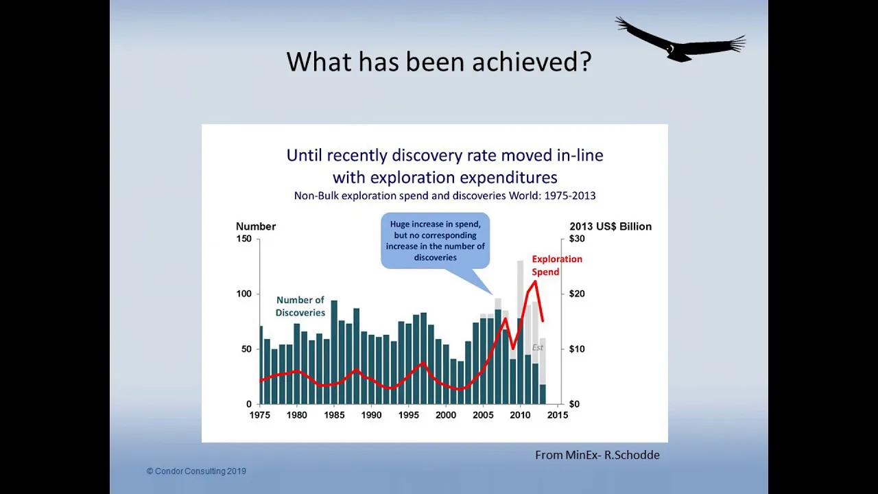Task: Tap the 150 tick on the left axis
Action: [244, 239]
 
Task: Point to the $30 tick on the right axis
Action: [577, 239]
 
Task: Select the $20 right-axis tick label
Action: [577, 294]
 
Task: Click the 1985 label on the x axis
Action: [334, 415]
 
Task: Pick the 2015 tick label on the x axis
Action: [558, 415]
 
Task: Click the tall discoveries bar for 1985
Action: [334, 352]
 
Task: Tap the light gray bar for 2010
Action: [521, 290]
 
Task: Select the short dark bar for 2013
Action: [543, 395]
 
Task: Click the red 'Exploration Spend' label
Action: [557, 266]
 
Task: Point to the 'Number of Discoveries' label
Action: [300, 306]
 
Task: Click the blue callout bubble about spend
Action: [436, 241]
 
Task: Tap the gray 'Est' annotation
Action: [537, 347]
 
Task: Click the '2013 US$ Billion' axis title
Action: [610, 226]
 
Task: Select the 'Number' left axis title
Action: [256, 226]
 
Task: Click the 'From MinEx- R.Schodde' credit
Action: [597, 455]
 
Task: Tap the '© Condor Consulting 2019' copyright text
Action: [196, 471]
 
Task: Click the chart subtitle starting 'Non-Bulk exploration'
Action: [445, 196]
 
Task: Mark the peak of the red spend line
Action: [535, 281]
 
